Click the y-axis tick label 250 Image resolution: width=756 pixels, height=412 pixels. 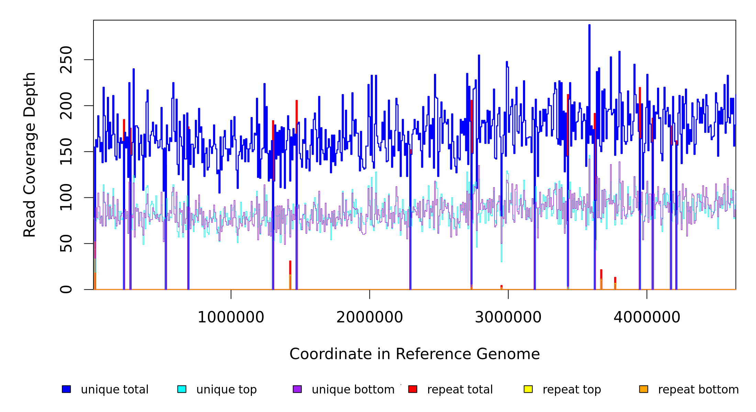coord(66,60)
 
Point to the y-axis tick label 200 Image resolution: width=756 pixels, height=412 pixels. coord(66,106)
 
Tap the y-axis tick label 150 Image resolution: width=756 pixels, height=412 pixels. coord(66,151)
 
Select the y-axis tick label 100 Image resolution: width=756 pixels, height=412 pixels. coord(66,197)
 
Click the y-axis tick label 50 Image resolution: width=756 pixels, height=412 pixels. coord(66,243)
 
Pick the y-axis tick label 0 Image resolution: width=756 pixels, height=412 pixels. coord(66,289)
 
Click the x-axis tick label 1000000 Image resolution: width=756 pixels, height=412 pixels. coord(231,318)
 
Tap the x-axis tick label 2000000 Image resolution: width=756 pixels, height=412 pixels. coord(370,318)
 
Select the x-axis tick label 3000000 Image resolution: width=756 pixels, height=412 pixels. coord(508,318)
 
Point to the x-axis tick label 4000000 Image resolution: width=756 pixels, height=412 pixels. coord(647,318)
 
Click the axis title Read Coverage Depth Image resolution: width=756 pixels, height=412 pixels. coord(30,154)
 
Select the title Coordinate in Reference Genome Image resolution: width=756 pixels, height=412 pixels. coord(414,354)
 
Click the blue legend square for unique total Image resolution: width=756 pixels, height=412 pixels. coord(66,389)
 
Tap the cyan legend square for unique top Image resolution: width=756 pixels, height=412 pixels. coord(182,389)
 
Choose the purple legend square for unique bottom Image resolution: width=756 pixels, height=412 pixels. coord(297,389)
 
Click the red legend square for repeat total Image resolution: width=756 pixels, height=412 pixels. coord(413,389)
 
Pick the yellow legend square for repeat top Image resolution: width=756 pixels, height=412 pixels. coord(528,389)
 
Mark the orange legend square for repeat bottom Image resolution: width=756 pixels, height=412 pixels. coord(644,389)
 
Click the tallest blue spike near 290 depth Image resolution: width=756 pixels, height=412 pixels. coord(589,26)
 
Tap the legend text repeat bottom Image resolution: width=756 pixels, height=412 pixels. coord(698,390)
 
